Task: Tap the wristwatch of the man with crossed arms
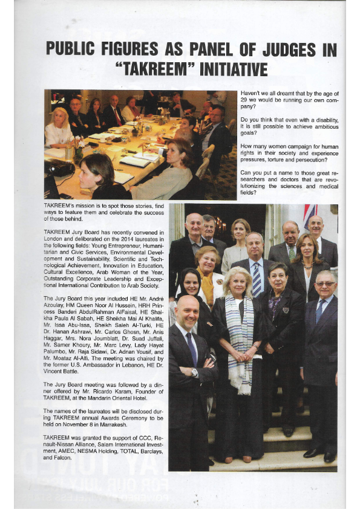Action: click(x=195, y=372)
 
